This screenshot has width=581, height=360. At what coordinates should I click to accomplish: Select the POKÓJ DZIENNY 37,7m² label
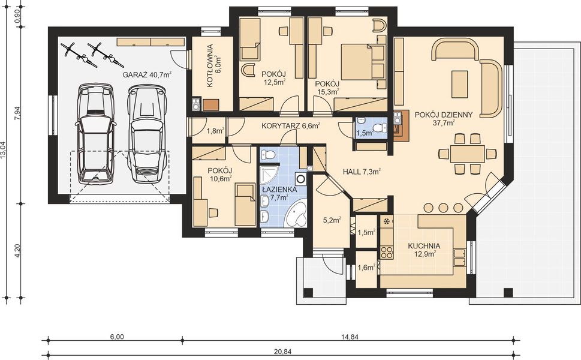click(444, 118)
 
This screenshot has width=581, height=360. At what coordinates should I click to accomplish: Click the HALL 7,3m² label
click(362, 172)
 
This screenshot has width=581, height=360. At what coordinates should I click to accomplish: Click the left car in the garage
click(95, 133)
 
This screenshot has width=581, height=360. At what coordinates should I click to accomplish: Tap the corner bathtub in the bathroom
click(296, 214)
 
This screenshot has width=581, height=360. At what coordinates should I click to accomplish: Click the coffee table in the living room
click(460, 83)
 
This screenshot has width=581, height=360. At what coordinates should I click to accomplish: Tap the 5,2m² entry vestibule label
click(332, 220)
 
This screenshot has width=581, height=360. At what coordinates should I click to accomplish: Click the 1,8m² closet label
click(215, 130)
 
